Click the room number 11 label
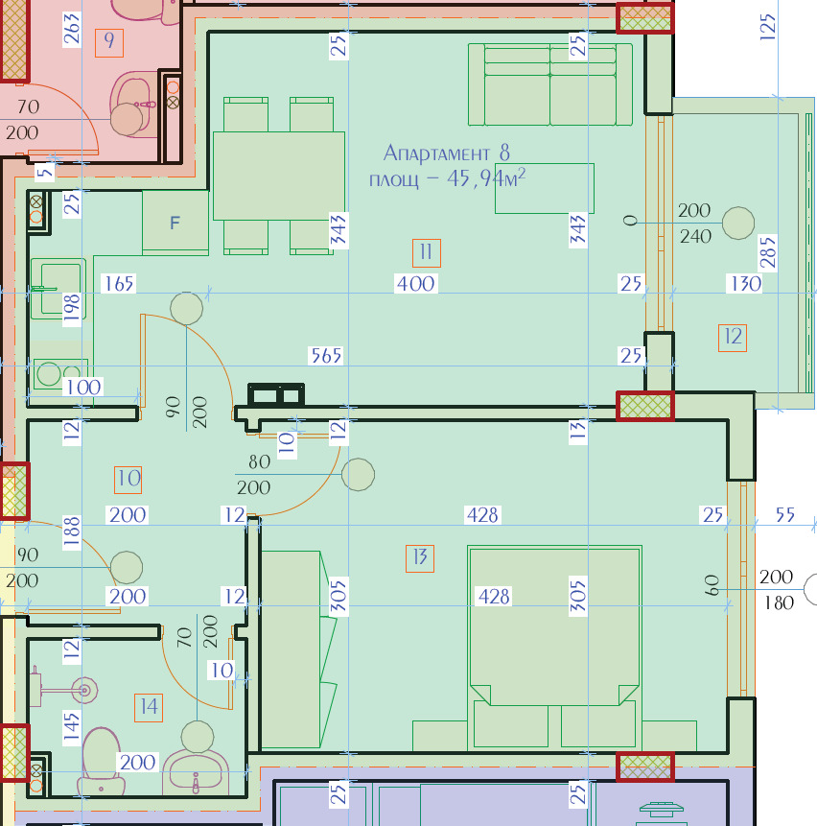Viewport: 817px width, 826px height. coord(427,253)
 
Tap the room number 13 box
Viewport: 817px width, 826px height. coord(420,558)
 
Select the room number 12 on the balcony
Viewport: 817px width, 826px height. coord(733,338)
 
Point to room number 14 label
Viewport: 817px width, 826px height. coord(149,707)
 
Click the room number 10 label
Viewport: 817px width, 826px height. coord(128,480)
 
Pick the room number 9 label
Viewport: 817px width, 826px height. coord(109,42)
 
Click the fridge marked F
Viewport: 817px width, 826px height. coord(175,223)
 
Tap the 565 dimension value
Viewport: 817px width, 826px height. coord(326,356)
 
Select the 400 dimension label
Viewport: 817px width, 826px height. coord(416,284)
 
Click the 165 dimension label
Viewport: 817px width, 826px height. coord(119,284)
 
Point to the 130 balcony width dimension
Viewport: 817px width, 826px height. coord(746,284)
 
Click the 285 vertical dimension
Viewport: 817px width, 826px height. coord(768,252)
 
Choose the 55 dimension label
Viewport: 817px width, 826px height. coord(785,514)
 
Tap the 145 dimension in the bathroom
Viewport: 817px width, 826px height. coord(72,727)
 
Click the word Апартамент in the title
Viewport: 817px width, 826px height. coord(436,153)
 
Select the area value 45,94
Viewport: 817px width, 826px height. coord(473,178)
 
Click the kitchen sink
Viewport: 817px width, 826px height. coord(58,289)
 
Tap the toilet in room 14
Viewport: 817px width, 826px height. coord(101,761)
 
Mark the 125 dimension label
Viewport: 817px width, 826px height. coord(768,27)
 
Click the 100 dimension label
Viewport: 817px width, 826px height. coord(83,388)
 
